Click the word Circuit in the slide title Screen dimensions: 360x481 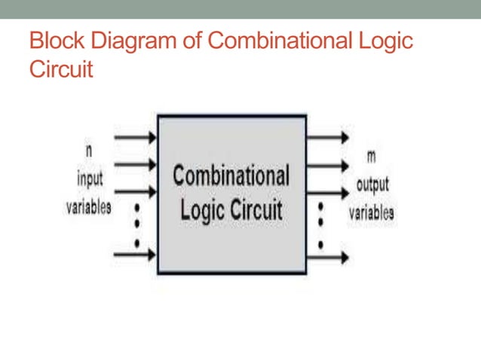60,70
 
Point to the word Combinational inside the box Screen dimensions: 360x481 231,176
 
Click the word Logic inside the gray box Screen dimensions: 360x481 202,209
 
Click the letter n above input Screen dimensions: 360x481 89,151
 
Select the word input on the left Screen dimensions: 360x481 90,181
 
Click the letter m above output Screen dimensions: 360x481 371,156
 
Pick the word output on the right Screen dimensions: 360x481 372,185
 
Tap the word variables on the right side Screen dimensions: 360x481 371,212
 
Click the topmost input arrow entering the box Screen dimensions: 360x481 134,137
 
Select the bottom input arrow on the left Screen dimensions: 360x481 134,255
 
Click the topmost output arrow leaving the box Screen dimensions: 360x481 328,137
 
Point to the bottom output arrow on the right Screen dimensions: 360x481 328,257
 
